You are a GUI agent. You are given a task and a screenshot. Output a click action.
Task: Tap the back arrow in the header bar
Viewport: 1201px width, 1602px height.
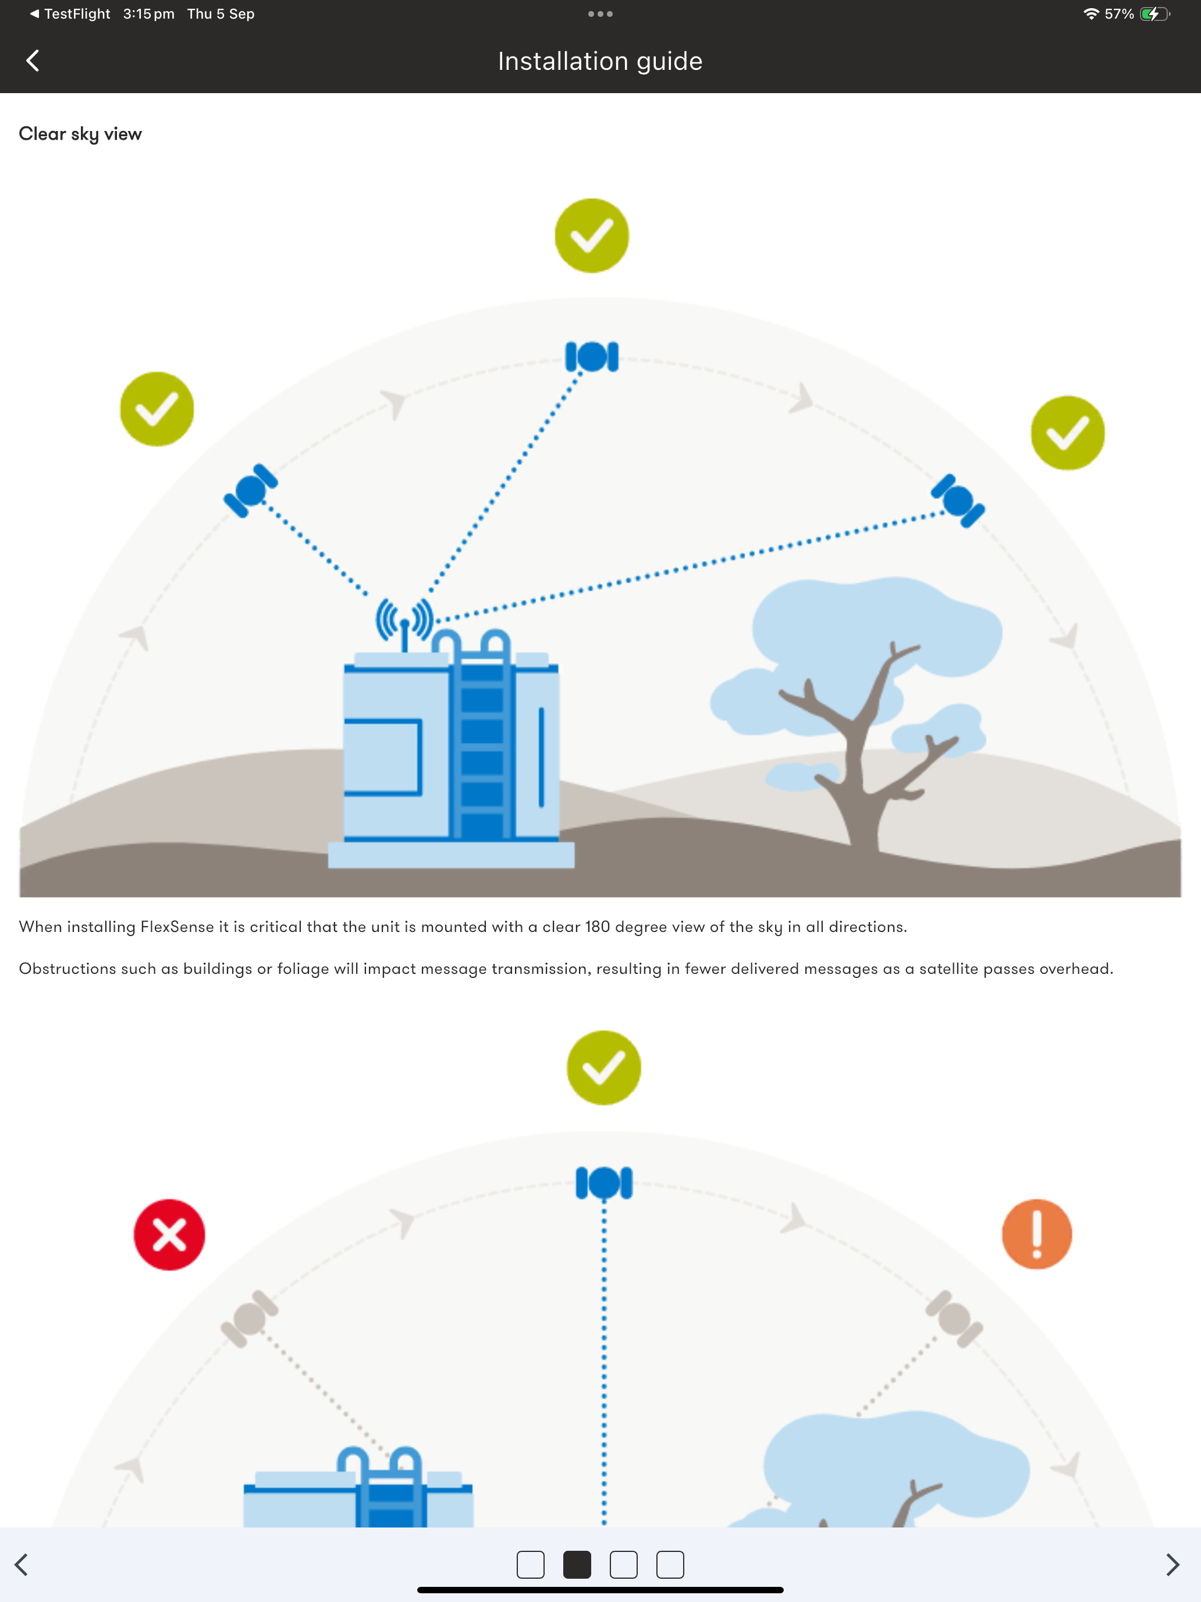point(33,61)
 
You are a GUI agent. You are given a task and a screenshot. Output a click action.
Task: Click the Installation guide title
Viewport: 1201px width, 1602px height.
point(600,62)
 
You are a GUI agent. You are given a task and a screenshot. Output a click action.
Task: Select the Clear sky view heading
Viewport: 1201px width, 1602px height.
point(80,134)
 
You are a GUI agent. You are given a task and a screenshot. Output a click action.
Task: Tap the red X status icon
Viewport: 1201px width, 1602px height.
point(169,1235)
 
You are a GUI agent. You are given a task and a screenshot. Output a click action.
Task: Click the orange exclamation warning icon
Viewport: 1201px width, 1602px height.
point(1037,1234)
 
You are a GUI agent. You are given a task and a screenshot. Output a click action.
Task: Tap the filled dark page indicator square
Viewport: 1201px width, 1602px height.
point(577,1564)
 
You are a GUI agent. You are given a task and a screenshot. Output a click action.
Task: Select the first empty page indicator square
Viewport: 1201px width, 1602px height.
point(531,1564)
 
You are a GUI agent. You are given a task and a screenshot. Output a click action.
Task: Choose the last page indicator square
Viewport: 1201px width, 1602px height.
point(670,1564)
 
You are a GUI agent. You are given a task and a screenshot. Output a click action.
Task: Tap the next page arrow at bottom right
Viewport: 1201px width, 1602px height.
point(1172,1564)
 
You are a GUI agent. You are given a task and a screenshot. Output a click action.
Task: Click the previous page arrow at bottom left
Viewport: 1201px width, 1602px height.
point(22,1564)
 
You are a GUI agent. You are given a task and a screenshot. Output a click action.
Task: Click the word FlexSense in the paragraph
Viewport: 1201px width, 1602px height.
point(177,927)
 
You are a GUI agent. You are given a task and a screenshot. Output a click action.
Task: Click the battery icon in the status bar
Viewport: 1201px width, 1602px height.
point(1154,14)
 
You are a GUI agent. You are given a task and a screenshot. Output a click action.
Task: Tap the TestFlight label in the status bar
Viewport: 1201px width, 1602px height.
point(77,14)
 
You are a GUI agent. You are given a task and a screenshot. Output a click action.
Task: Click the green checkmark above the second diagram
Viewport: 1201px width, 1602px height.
point(604,1068)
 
